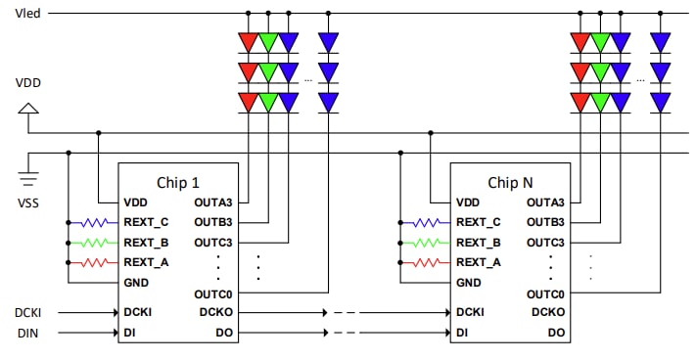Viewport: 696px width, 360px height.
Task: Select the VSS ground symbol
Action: tap(28, 179)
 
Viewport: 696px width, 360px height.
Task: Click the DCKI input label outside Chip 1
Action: tap(29, 312)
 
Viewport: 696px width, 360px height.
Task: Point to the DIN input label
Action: tap(26, 334)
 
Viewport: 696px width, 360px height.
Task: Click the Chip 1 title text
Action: tap(178, 182)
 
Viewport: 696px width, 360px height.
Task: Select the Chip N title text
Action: tap(511, 182)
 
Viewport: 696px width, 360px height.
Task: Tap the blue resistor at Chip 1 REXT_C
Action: tap(95, 222)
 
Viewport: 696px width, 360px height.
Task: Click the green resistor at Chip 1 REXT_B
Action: tap(95, 242)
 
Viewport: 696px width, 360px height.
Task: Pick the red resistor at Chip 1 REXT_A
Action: tap(95, 262)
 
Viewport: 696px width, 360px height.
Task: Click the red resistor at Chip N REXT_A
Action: tap(427, 262)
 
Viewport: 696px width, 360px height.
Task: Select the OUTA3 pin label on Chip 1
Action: tap(214, 202)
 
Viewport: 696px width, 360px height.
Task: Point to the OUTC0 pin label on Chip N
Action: tap(546, 293)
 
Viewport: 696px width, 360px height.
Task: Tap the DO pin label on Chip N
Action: tap(557, 334)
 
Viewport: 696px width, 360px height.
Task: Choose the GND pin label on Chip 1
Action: tap(137, 282)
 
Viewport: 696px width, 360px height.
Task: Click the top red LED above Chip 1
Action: tap(248, 42)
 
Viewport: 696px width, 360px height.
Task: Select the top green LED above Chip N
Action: tap(600, 42)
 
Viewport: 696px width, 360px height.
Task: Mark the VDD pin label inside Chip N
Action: tap(468, 202)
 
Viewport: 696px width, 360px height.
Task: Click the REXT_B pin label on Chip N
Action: tap(478, 242)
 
